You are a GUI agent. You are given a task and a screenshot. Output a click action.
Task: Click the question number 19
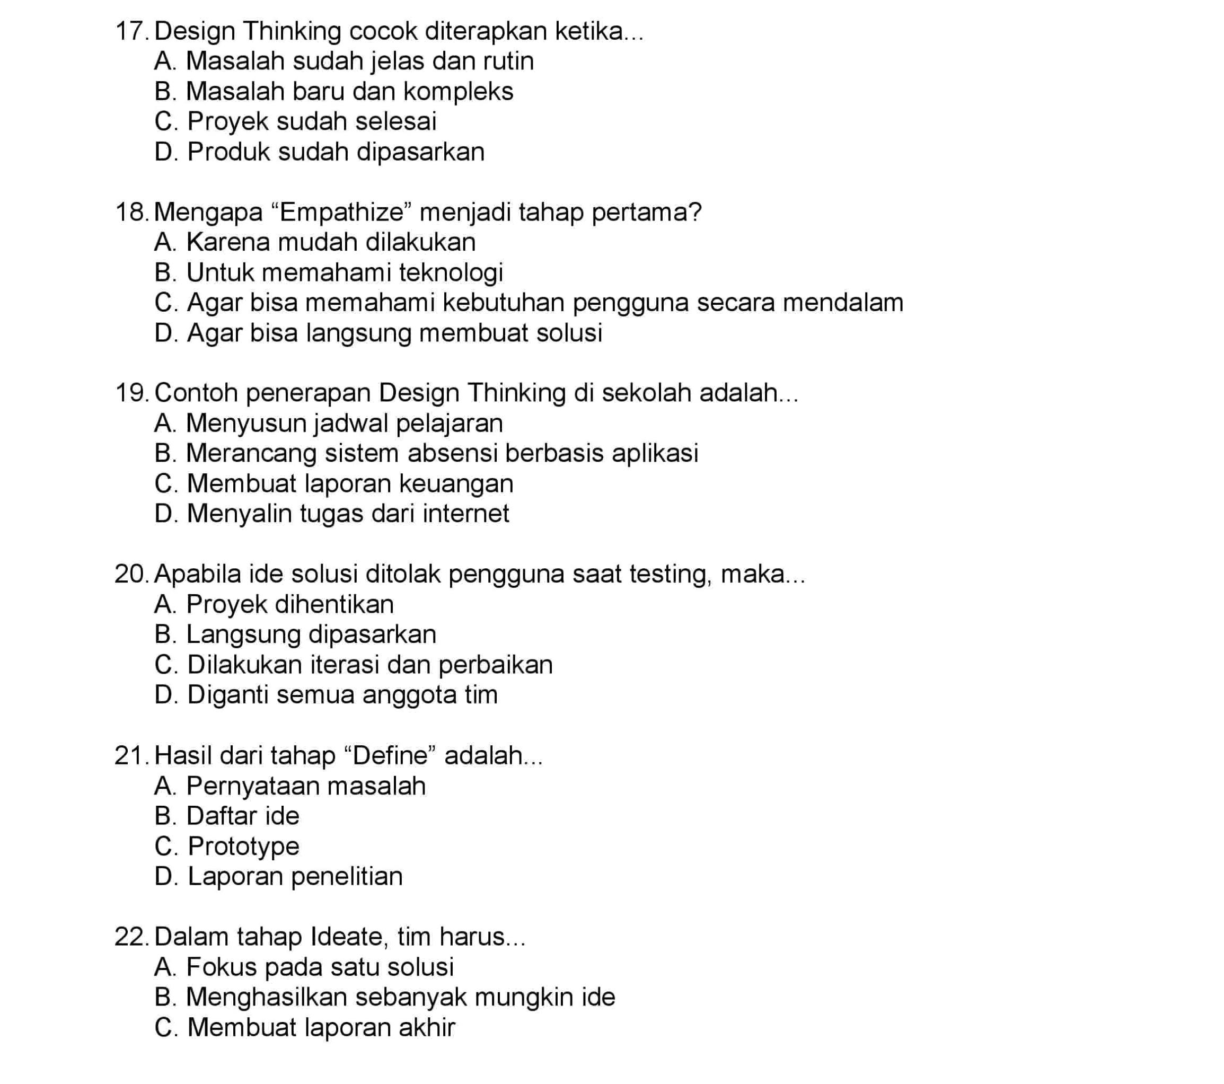pyautogui.click(x=130, y=393)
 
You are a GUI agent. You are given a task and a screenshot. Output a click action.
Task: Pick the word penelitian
pyautogui.click(x=347, y=877)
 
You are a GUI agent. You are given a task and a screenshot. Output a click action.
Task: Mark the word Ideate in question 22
pyautogui.click(x=347, y=937)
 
